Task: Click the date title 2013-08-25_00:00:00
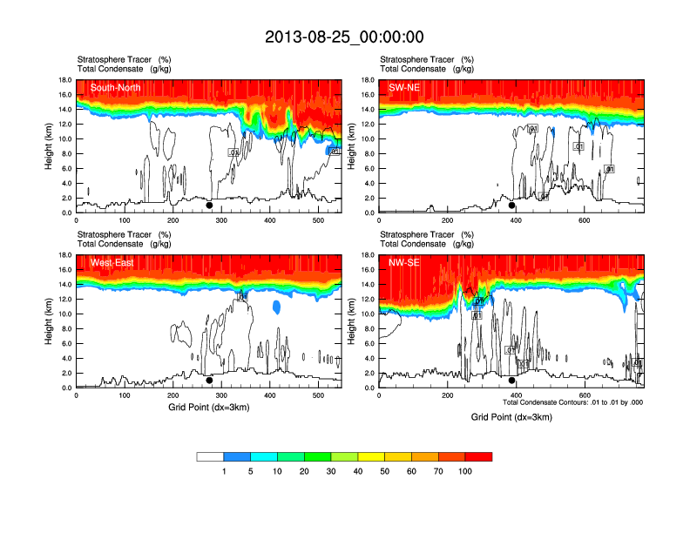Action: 344,37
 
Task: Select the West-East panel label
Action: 111,262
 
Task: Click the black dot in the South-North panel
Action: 209,206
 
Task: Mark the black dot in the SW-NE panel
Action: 512,206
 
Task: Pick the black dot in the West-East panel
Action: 209,381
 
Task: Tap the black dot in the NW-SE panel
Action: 512,381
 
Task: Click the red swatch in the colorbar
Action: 478,456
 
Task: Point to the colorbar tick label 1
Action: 224,471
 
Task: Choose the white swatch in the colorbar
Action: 210,456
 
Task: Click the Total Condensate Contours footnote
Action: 572,402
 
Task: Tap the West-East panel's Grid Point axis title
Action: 208,407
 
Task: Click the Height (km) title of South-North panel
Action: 51,146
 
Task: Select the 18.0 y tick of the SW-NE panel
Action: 368,80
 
